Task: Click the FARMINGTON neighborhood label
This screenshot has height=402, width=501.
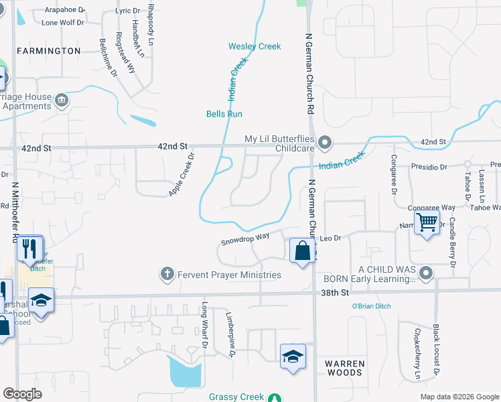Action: tap(48, 51)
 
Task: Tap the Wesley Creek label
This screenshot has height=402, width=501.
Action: tap(255, 46)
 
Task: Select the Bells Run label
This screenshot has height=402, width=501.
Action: tap(224, 114)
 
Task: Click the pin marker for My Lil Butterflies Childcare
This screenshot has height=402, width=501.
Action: tap(325, 142)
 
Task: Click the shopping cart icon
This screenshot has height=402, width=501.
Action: tap(427, 222)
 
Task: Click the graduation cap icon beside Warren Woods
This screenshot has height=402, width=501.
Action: tap(293, 355)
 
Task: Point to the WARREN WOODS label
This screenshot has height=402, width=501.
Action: tap(345, 368)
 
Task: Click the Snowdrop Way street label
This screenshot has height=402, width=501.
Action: tap(246, 237)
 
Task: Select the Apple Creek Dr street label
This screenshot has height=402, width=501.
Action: tap(182, 174)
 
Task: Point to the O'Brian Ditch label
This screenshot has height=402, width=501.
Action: tap(371, 306)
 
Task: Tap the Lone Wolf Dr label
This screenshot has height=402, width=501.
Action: tap(63, 22)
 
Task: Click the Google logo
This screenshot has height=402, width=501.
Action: tap(23, 394)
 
